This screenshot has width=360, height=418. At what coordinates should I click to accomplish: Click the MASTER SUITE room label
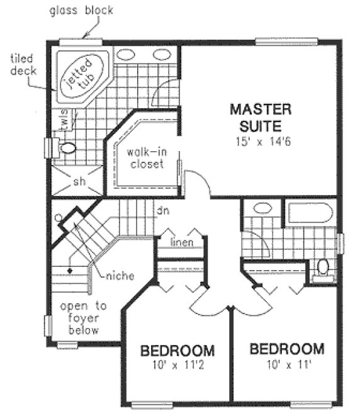click(x=260, y=116)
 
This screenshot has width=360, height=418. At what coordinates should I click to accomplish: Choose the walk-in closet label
click(x=145, y=158)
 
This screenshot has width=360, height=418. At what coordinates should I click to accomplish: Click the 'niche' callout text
click(x=120, y=275)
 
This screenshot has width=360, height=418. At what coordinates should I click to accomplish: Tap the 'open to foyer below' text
click(x=83, y=318)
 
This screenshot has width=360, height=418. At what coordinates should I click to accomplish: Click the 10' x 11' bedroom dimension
click(x=286, y=363)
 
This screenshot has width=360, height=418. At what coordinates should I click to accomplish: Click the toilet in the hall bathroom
click(x=323, y=267)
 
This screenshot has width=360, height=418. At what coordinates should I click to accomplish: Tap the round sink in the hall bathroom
click(x=261, y=210)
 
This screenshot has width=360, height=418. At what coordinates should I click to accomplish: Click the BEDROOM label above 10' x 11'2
click(x=177, y=351)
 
